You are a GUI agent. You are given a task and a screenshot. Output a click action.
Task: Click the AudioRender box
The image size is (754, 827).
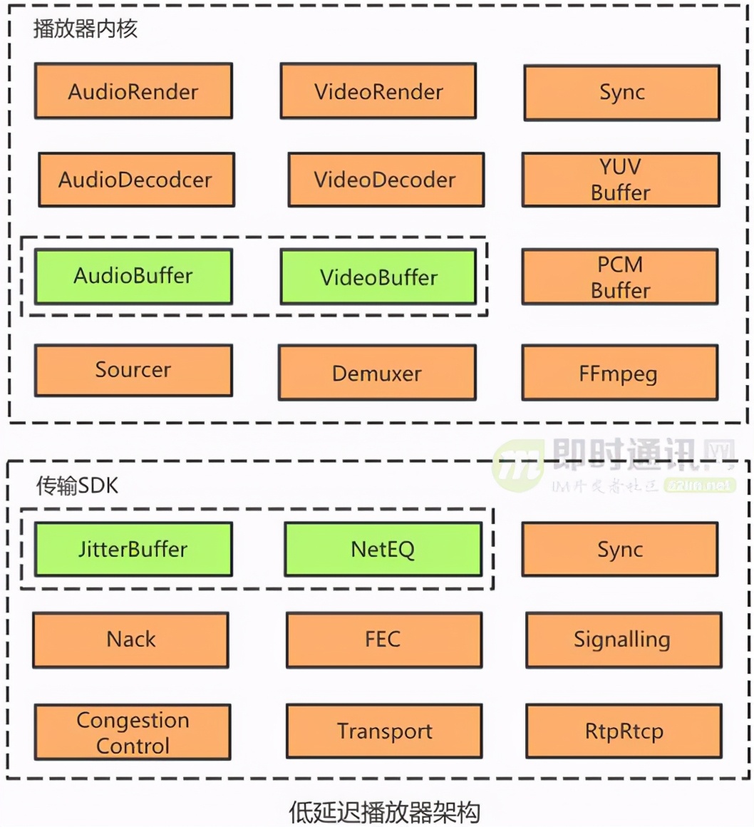pos(133,91)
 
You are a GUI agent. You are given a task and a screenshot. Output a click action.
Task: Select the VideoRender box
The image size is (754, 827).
pos(378,91)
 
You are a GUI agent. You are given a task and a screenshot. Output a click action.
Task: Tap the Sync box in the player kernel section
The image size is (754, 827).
pos(621,93)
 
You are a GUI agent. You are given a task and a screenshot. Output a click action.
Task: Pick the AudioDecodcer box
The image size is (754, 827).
pos(135,180)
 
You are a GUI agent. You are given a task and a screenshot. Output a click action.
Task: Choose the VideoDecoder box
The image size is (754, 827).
pos(386,180)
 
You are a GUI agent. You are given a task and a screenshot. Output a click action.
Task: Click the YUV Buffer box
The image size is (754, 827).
pos(621,180)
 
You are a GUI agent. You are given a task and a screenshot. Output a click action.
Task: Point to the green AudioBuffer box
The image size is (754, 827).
pos(133,277)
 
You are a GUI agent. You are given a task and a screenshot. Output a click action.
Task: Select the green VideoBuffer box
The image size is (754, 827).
pos(378,277)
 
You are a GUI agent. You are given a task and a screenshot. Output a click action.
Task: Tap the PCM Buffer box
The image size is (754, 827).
pos(620,277)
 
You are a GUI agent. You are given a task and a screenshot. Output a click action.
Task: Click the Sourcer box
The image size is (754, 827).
pos(133,370)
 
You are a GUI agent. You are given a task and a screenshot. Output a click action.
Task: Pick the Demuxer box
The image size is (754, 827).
pos(377,373)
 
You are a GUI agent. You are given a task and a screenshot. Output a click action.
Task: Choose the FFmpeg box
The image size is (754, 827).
pos(619,373)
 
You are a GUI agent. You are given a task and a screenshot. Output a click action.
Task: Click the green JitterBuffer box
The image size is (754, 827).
pos(133,549)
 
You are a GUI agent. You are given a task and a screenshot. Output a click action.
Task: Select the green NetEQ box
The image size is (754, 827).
pos(383,549)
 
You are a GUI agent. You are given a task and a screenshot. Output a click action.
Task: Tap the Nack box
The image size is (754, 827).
pos(131,639)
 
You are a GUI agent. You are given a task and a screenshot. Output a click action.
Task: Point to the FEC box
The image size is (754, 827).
pos(383,639)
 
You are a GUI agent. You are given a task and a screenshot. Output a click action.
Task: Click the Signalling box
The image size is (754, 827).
pos(623,639)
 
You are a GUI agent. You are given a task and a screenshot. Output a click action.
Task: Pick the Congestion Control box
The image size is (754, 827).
pos(133,732)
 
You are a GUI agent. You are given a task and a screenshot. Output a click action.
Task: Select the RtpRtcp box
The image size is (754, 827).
pos(624,731)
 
